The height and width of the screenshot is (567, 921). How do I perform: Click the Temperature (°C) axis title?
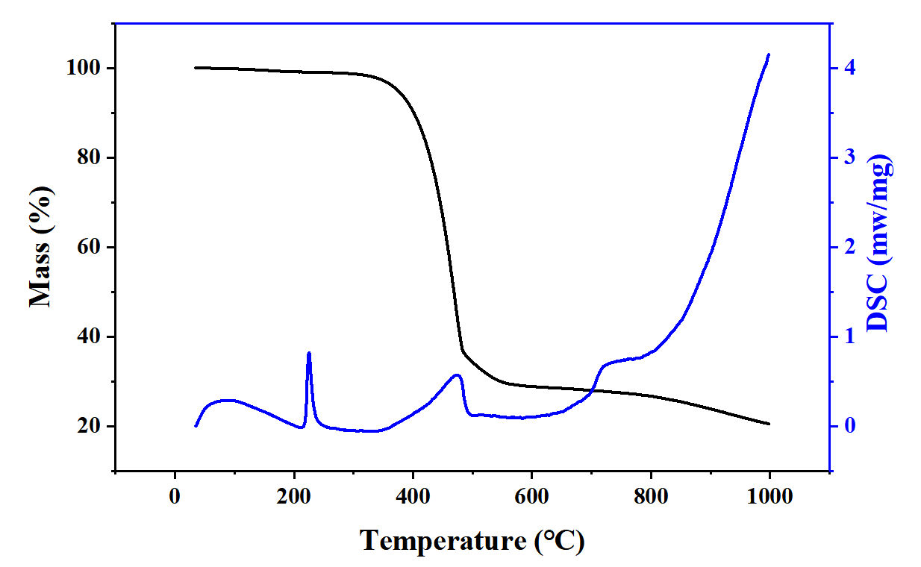point(472,540)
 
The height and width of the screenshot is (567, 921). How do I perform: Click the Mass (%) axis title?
point(41,247)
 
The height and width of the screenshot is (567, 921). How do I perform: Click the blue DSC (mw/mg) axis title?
point(880,243)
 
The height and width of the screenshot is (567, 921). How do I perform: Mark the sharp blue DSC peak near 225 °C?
point(309,354)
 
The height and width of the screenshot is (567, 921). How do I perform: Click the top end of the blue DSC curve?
point(769,54)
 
